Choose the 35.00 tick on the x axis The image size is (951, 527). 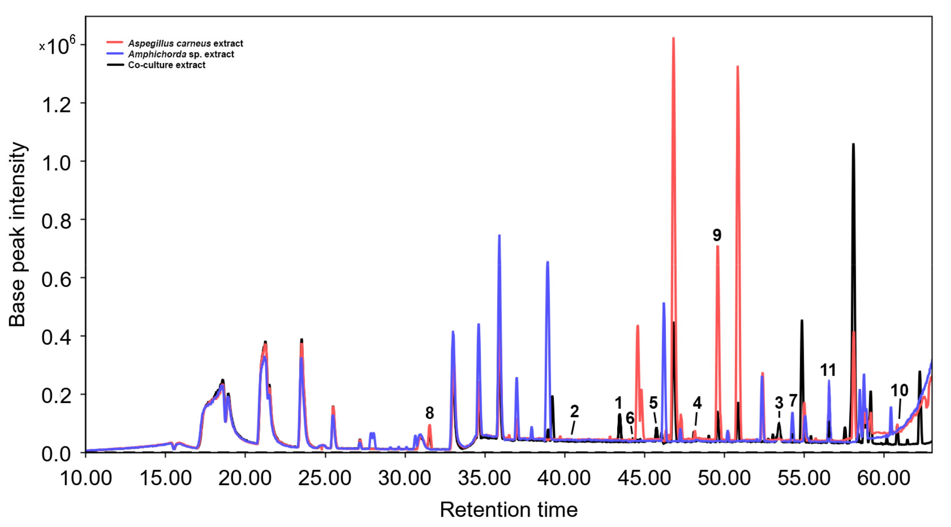pyautogui.click(x=485, y=478)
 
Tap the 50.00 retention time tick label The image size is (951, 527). pyautogui.click(x=724, y=478)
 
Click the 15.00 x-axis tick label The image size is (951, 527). pyautogui.click(x=165, y=478)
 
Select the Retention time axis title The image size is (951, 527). pyautogui.click(x=508, y=510)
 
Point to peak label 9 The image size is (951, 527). pyautogui.click(x=717, y=235)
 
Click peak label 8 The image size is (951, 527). pyautogui.click(x=429, y=413)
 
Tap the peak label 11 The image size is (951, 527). pyautogui.click(x=828, y=370)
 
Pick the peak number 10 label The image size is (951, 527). pyautogui.click(x=899, y=390)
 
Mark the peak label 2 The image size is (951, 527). pyautogui.click(x=574, y=411)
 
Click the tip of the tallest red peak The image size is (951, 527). pyautogui.click(x=673, y=38)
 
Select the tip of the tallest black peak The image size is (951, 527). pyautogui.click(x=853, y=144)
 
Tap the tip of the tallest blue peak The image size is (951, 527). pyautogui.click(x=499, y=235)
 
